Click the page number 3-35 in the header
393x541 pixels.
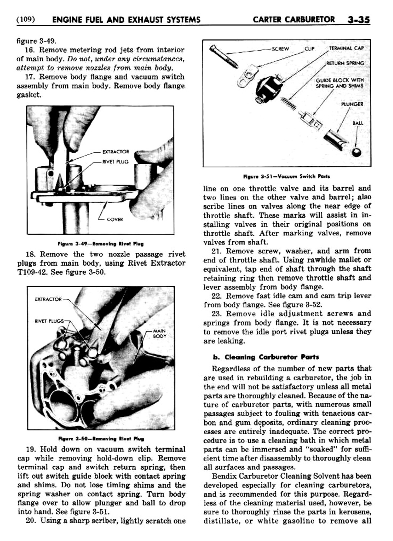[359, 20]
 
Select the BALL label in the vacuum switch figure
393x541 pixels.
[357, 123]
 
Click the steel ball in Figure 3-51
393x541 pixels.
[357, 152]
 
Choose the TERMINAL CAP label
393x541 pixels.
[346, 48]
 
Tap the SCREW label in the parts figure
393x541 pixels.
[280, 48]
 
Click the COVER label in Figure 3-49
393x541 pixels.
[115, 220]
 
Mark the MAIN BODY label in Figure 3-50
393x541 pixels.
[160, 334]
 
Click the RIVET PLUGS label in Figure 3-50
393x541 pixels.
[49, 321]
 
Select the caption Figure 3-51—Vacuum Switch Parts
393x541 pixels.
[286, 176]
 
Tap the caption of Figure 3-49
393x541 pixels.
[101, 244]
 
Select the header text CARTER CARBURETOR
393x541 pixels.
[294, 20]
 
